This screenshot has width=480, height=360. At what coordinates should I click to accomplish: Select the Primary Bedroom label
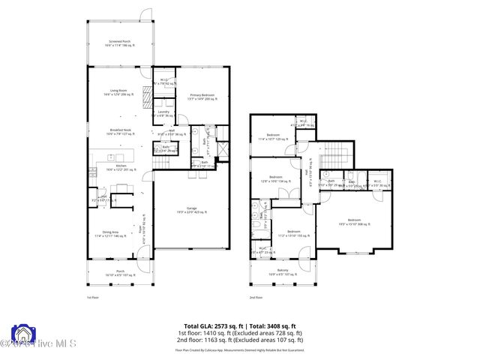click(x=202, y=96)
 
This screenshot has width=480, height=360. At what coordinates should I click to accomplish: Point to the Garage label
click(x=192, y=209)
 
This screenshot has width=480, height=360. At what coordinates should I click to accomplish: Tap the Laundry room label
click(x=163, y=113)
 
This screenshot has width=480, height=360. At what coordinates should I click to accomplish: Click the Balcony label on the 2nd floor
click(x=283, y=271)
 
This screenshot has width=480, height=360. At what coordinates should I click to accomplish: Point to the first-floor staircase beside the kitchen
click(x=163, y=163)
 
